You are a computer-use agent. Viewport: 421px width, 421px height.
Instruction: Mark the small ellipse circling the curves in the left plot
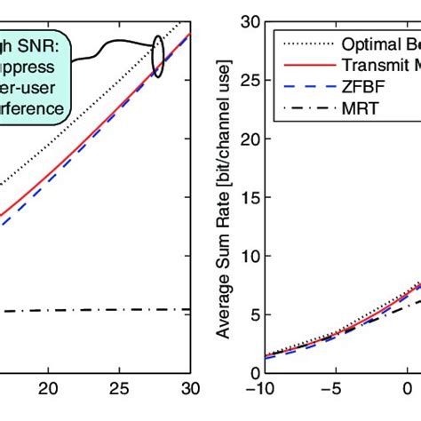click(157, 57)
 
